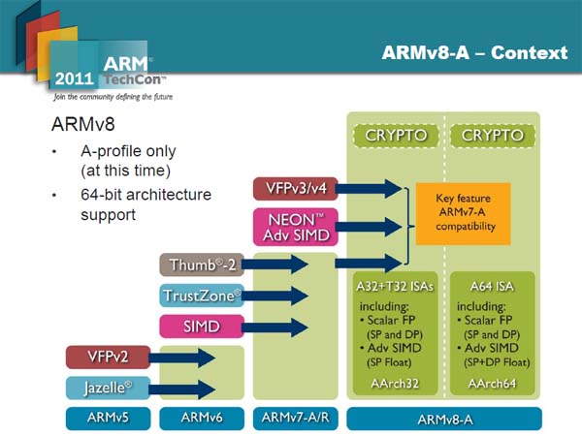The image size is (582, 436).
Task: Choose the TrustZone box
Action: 200,296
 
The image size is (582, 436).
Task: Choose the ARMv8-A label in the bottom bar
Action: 442,419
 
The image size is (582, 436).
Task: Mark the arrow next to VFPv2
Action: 183,358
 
